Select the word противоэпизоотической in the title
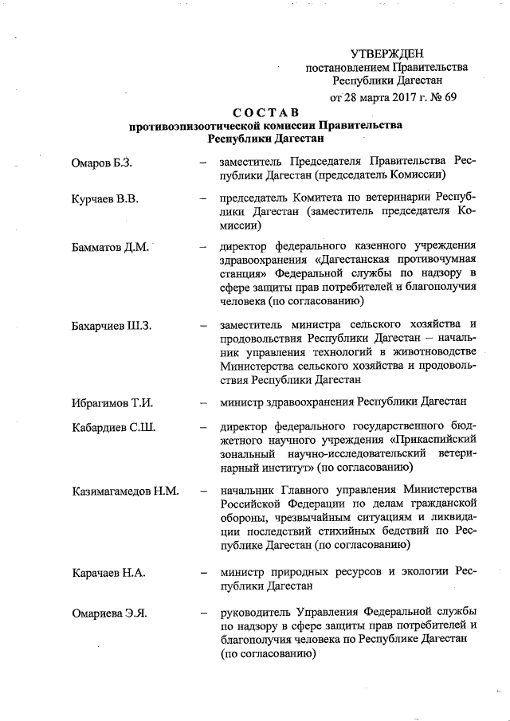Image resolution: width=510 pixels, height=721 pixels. [194, 126]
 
